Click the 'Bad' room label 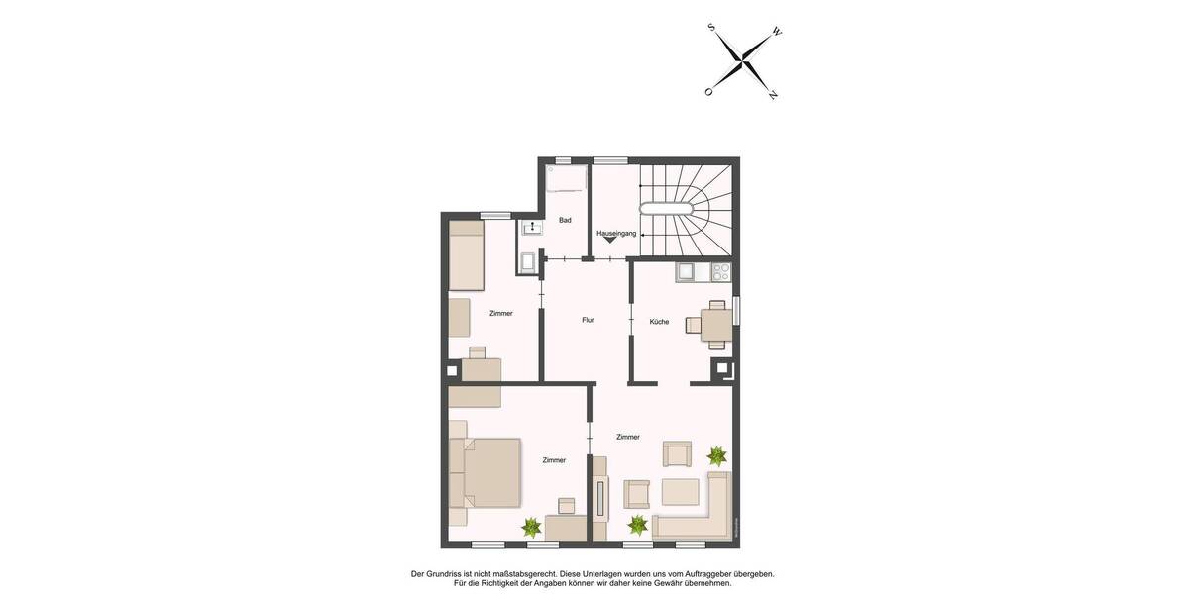coord(565,220)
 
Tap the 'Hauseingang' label coord(616,233)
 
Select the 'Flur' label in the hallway coord(588,320)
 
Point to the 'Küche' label coord(659,321)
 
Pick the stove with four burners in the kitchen coord(720,270)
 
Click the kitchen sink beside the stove coord(685,271)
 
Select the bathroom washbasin coord(533,229)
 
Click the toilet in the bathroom coord(528,262)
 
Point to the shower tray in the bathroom coord(566,178)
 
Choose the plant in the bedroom coord(532,526)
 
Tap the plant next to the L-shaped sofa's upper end coord(716,456)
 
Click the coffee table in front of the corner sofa coord(681,492)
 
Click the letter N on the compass coord(773,95)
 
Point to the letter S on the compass coord(711,28)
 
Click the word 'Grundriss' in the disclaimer coord(447,573)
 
